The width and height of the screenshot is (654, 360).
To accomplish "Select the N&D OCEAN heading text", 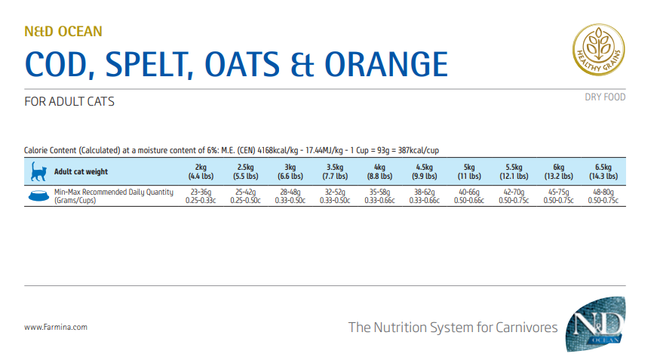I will (63, 32).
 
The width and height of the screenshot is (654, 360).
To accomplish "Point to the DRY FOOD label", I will (605, 97).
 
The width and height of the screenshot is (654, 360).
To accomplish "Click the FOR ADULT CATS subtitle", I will (69, 101).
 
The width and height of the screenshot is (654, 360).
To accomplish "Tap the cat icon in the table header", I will (36, 171).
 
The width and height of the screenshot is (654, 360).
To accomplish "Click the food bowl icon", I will (36, 196).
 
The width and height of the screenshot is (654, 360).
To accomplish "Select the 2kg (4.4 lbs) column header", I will (201, 171).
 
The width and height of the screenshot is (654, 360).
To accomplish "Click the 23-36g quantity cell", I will (201, 192).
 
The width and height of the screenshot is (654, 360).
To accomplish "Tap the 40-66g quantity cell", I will (468, 192).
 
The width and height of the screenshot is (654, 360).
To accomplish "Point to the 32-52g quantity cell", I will (335, 192).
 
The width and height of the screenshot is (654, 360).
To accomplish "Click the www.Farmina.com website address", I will (56, 327).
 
